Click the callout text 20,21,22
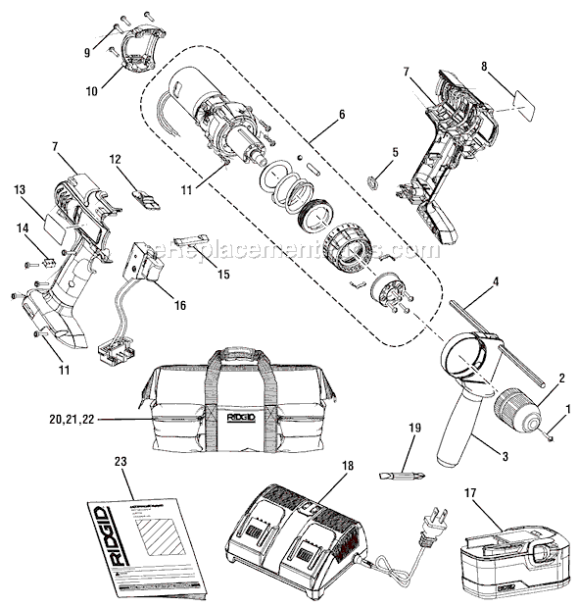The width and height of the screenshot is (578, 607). pyautogui.click(x=96, y=421)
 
